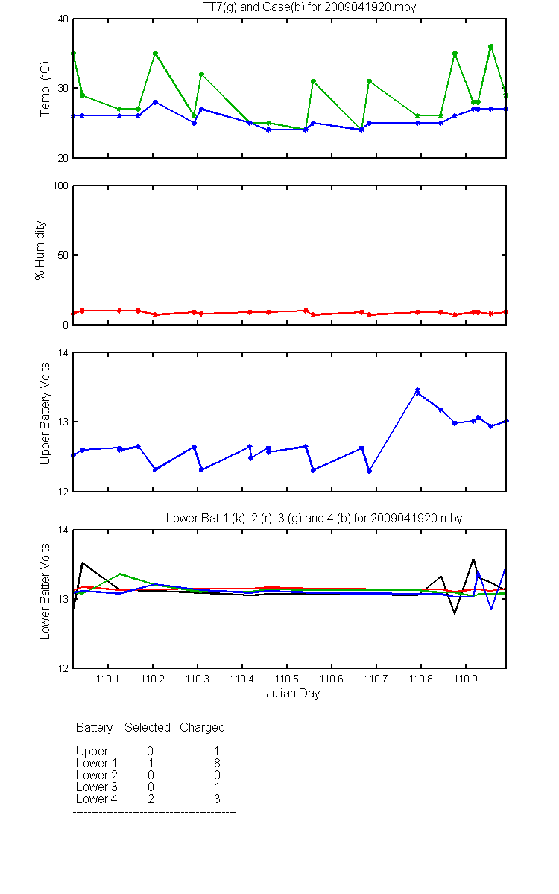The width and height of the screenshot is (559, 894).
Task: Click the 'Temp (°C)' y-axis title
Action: tap(45, 89)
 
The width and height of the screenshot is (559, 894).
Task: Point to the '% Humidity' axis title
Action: tap(40, 250)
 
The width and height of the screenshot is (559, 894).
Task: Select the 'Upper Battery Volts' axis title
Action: tap(45, 413)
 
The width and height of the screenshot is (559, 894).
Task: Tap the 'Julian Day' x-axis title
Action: tap(293, 694)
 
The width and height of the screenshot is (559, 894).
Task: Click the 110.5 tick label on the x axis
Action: tap(287, 679)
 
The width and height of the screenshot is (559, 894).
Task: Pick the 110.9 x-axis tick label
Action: tap(466, 679)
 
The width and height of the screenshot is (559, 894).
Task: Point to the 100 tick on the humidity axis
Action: tap(60, 186)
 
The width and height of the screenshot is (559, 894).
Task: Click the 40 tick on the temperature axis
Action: tap(63, 19)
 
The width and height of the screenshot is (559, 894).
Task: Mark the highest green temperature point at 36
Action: tap(490, 47)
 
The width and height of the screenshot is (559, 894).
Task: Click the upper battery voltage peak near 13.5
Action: tap(417, 390)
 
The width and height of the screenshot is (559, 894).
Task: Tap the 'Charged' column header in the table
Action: tap(202, 727)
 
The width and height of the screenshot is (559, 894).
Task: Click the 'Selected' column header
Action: tap(148, 727)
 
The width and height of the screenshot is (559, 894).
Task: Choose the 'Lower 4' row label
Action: tap(97, 799)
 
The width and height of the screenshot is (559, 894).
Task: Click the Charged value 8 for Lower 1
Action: tap(217, 763)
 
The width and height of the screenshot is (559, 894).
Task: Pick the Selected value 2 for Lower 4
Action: tap(151, 799)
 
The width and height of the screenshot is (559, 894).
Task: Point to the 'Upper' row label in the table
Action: tap(92, 752)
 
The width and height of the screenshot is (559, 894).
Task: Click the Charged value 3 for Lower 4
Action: tap(217, 799)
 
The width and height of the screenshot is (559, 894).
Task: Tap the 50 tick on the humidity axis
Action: tap(63, 255)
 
